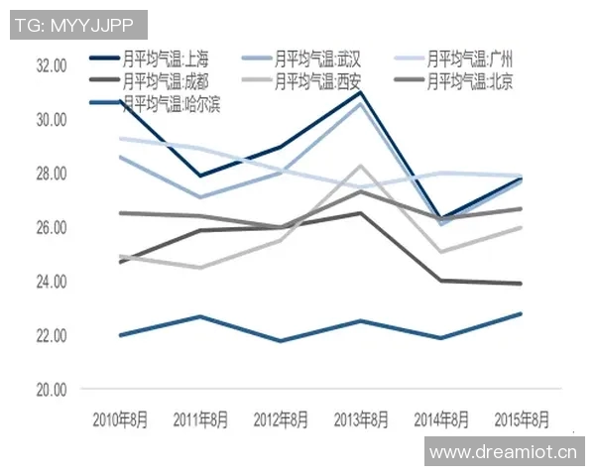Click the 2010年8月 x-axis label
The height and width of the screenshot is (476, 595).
click(119, 417)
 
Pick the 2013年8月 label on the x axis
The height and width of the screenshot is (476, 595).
click(361, 417)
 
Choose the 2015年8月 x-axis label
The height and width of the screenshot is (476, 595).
click(522, 417)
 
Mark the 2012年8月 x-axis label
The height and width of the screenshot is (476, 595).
click(281, 417)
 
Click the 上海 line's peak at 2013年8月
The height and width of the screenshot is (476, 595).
click(361, 92)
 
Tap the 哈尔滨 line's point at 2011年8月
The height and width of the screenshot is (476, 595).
click(200, 316)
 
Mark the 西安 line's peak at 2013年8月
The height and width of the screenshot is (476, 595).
click(361, 166)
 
